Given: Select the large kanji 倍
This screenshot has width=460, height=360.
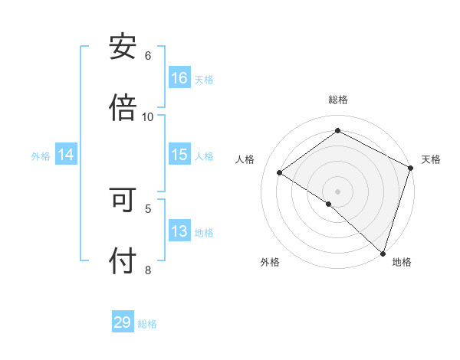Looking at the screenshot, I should [x=123, y=106].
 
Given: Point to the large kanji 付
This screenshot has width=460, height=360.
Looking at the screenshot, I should [x=123, y=261].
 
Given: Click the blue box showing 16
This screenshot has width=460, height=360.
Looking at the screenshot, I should [x=179, y=78].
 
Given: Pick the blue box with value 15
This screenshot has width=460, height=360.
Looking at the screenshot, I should [x=179, y=155].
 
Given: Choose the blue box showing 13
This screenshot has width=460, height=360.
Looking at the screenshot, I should [x=179, y=231].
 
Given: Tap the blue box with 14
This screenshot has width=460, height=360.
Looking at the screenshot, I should [x=66, y=155].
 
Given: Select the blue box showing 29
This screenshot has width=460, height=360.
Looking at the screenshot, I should [x=123, y=322].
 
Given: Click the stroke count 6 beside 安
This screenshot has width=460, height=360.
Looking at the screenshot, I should [x=148, y=56].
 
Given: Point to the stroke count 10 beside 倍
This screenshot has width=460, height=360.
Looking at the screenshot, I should [x=148, y=116].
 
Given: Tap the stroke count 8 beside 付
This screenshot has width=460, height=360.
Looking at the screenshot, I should [x=148, y=270].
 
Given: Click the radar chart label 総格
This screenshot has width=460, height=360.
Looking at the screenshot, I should [x=338, y=100].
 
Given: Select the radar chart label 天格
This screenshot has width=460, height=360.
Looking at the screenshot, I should [x=432, y=159].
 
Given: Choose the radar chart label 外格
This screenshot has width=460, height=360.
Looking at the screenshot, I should [x=270, y=262].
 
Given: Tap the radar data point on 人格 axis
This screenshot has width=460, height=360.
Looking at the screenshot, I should [x=280, y=173].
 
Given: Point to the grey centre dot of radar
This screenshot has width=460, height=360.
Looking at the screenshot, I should [x=338, y=191].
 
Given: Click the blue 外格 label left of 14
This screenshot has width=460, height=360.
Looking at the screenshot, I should [x=41, y=155].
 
